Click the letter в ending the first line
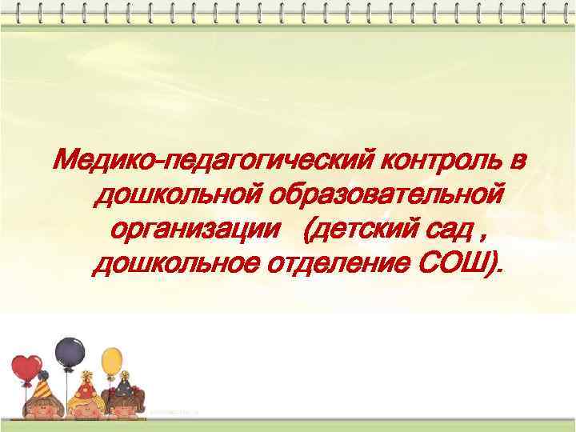click(x=519, y=163)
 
